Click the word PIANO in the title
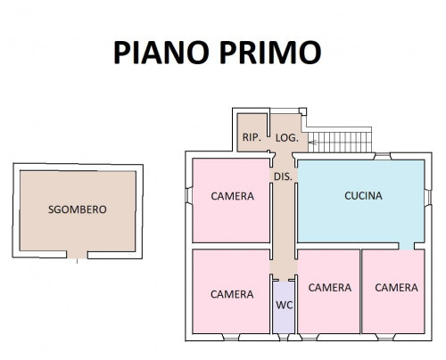coord(161,53)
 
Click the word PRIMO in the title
coord(270,53)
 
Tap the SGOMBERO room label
coord(78,209)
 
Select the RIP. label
coord(252,137)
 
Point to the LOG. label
coord(287,138)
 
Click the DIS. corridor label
coord(283,176)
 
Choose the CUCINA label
coord(363,196)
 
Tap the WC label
coord(285,305)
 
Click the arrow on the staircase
coord(312,143)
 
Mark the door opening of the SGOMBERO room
coord(77,255)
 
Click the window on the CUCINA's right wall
coord(428,197)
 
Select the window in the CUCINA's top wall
coord(382,156)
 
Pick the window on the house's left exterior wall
coord(189,195)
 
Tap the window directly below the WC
coord(284,338)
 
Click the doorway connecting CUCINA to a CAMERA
coord(406,246)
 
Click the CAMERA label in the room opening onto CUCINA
coord(396,288)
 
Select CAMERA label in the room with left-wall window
coord(233,196)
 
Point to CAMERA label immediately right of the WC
coord(330,288)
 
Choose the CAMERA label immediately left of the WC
coord(232,294)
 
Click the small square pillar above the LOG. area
coord(302,111)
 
